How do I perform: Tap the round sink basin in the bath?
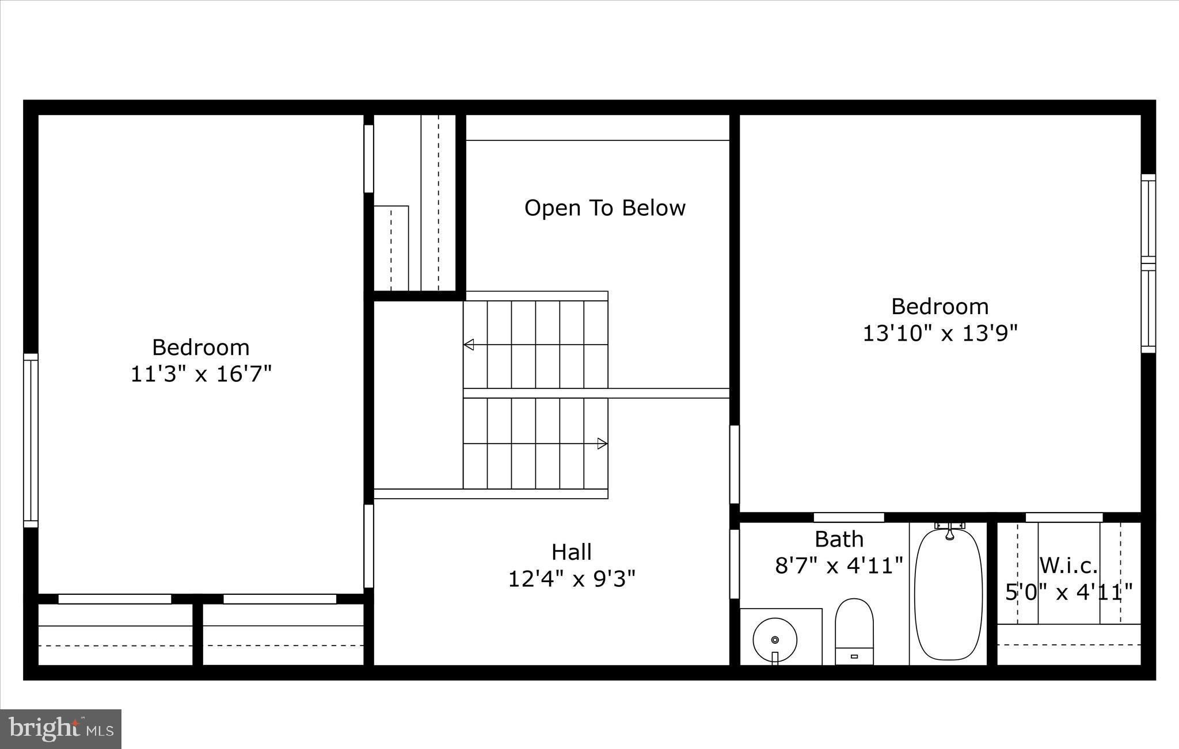tap(775, 639)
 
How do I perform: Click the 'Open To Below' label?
tap(604, 208)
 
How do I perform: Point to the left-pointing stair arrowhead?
tap(469, 345)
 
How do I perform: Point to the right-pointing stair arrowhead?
tap(602, 444)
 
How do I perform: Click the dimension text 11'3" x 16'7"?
tap(201, 375)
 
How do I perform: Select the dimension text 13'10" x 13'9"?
tap(940, 333)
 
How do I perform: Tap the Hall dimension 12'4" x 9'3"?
tap(572, 579)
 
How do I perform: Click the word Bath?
tap(839, 539)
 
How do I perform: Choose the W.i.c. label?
tap(1068, 565)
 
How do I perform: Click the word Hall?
tap(572, 552)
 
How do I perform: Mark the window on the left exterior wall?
tap(31, 440)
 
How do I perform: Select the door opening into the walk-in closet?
tap(1064, 517)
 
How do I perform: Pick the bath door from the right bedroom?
tap(849, 517)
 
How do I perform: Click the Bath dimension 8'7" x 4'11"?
tap(839, 565)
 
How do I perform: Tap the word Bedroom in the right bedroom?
tap(940, 306)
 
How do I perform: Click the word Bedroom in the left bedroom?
tap(201, 347)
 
